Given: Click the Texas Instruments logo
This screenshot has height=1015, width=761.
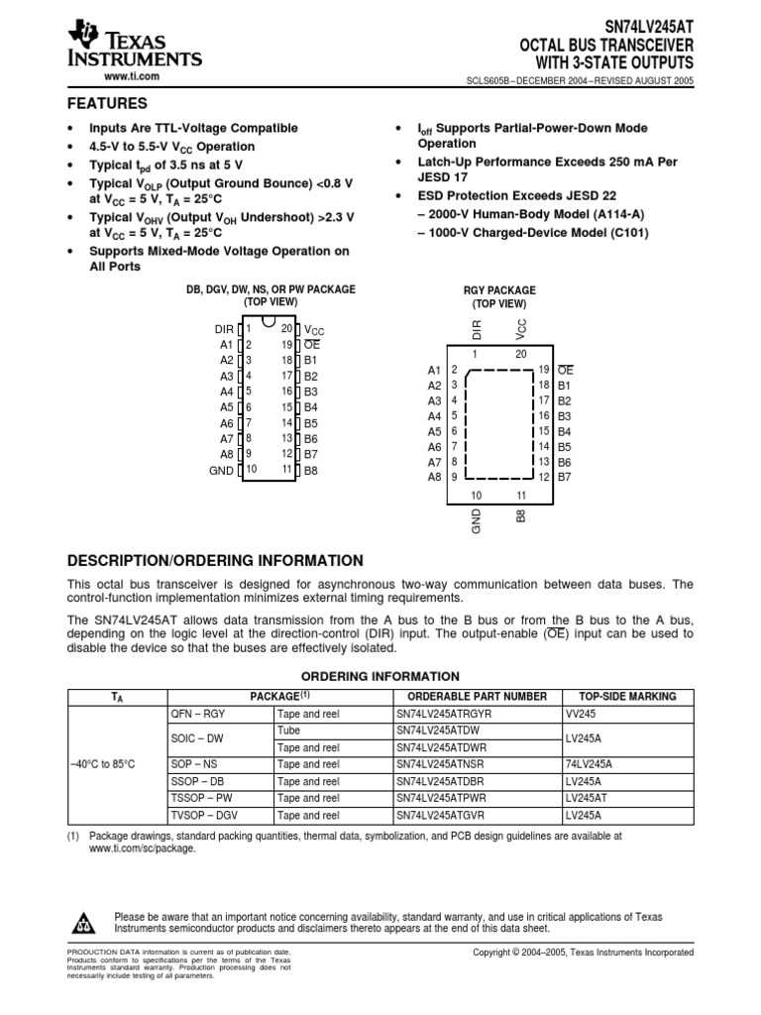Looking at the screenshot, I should tap(134, 46).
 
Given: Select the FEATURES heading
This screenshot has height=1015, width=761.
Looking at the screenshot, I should tap(107, 104).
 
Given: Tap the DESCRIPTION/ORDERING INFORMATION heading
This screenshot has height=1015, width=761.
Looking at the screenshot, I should tap(215, 560).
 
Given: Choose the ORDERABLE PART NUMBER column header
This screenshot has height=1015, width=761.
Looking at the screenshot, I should tap(477, 696).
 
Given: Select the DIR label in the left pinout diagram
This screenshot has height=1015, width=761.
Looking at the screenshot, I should tap(223, 328).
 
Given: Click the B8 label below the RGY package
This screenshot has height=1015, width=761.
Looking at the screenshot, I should tap(521, 515).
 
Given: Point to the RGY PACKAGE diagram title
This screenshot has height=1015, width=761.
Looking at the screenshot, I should tap(499, 290).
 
